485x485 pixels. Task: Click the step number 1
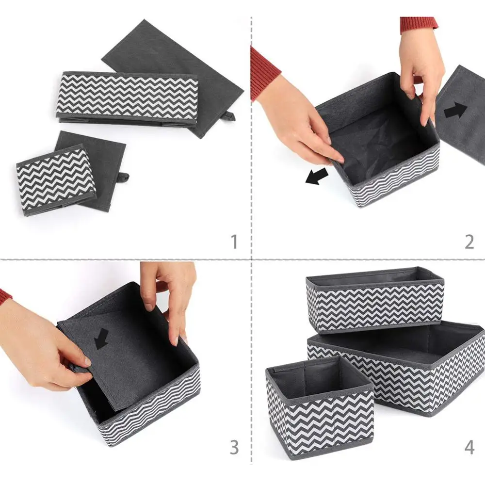click(x=234, y=242)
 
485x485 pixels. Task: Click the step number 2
click(x=469, y=242)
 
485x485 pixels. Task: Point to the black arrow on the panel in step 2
click(x=455, y=110)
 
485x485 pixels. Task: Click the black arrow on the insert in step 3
click(x=101, y=339)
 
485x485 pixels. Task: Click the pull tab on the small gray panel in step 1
click(x=123, y=177)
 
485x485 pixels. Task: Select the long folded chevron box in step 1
click(x=129, y=97)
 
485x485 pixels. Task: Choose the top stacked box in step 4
click(x=375, y=301)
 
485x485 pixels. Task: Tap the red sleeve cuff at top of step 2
click(x=419, y=24)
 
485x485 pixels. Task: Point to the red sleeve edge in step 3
click(x=5, y=296)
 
